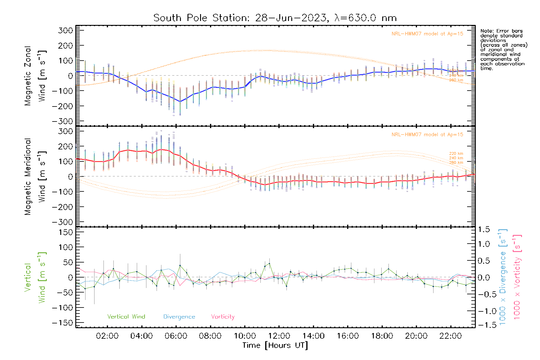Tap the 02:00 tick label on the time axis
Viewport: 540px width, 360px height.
click(x=107, y=336)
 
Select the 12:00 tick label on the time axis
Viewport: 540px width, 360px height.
click(x=279, y=336)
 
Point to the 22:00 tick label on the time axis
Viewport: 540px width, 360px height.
click(x=450, y=336)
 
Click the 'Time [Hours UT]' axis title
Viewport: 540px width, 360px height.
click(x=275, y=345)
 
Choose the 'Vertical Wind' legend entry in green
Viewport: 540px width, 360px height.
click(x=126, y=317)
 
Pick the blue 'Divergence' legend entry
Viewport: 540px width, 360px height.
click(x=179, y=317)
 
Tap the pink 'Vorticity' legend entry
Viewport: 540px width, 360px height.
click(x=223, y=317)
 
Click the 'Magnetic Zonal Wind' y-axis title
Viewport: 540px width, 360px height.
click(x=35, y=76)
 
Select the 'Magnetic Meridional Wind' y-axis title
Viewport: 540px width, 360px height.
click(x=35, y=177)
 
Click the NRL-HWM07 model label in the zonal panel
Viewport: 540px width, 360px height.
click(x=427, y=34)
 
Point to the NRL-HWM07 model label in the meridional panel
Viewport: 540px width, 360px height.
click(x=427, y=135)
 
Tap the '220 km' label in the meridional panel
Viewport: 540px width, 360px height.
click(x=456, y=154)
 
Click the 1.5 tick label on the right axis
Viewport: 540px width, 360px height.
click(x=484, y=229)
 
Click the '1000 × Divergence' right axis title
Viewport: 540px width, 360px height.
click(x=503, y=277)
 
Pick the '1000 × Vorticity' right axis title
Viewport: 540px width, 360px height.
click(x=517, y=277)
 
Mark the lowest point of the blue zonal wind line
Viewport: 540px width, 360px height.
click(x=180, y=101)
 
